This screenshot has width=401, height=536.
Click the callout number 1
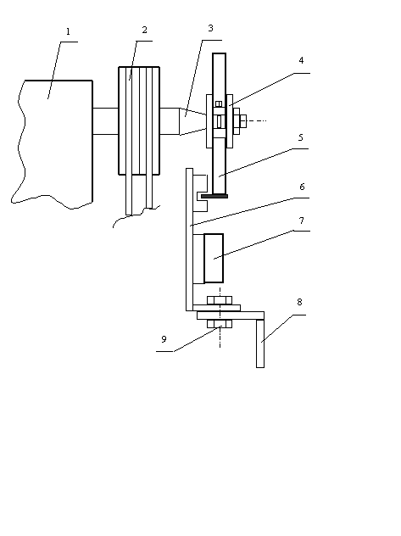coord(68,31)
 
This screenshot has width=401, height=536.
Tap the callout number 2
coord(144,30)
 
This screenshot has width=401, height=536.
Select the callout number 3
coord(211,28)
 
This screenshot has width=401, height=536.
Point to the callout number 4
coord(301,60)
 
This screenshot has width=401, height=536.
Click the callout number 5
coord(301,137)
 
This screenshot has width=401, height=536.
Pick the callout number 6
coord(302,187)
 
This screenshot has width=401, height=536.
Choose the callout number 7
coord(301,221)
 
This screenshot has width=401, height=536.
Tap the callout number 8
coord(299,302)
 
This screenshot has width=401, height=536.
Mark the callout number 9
coord(164,339)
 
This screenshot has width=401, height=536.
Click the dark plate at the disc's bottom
coord(214,196)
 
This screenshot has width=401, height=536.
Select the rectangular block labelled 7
coord(214,259)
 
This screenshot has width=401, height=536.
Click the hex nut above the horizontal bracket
coord(220,301)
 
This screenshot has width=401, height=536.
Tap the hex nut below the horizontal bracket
coord(220,324)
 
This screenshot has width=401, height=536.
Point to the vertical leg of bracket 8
coord(260,343)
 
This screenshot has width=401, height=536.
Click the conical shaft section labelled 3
coord(193,121)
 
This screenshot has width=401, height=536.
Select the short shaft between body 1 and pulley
coord(105,121)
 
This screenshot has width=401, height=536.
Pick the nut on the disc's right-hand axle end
coord(243,120)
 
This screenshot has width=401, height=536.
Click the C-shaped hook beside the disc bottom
coord(202,193)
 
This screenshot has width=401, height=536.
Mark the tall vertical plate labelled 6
coord(190,239)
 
